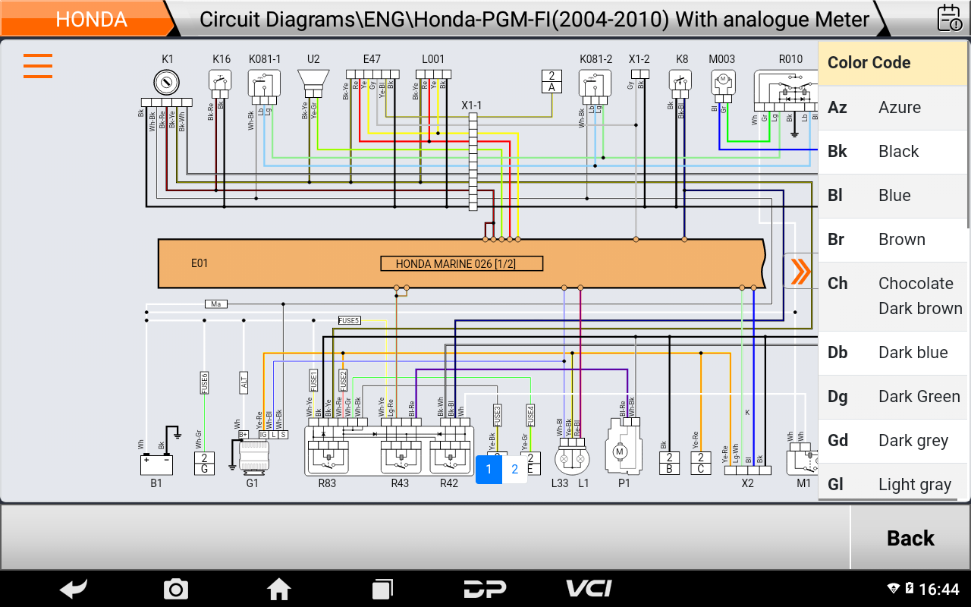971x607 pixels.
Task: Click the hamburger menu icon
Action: pyautogui.click(x=38, y=66)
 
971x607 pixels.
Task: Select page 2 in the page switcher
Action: pyautogui.click(x=514, y=469)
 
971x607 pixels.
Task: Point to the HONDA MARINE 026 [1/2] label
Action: pyautogui.click(x=461, y=264)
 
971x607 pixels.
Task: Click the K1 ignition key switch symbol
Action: pyautogui.click(x=167, y=81)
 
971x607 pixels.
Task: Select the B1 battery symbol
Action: pyautogui.click(x=156, y=462)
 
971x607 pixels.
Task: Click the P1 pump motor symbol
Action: pyautogui.click(x=619, y=451)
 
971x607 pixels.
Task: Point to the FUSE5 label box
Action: pyautogui.click(x=349, y=321)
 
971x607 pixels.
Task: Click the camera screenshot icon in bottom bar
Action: pyautogui.click(x=176, y=589)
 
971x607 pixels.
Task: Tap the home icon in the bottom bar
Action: pyautogui.click(x=278, y=589)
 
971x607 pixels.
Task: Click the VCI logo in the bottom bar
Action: pyautogui.click(x=589, y=589)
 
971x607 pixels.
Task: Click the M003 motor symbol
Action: pyautogui.click(x=722, y=80)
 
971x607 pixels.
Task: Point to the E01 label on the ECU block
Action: pyautogui.click(x=200, y=264)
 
